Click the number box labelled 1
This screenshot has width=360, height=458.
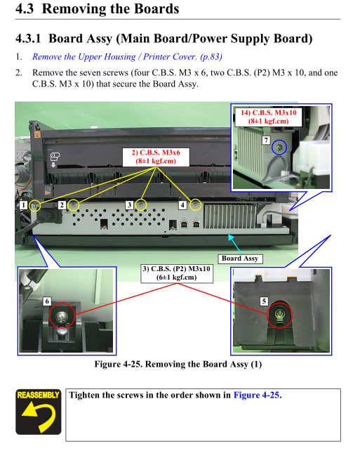(23, 204)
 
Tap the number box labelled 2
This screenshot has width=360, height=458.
(62, 204)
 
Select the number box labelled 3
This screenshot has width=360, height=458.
(129, 204)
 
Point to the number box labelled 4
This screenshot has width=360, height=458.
(182, 204)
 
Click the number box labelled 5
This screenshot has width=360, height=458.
(264, 301)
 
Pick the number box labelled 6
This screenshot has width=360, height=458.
(47, 301)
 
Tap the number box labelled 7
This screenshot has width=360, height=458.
(266, 140)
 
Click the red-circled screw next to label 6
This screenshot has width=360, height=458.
(62, 315)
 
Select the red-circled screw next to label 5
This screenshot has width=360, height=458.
(279, 315)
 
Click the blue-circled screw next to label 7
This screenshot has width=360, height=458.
(279, 148)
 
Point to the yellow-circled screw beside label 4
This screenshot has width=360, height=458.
(196, 205)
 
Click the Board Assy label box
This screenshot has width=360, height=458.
(240, 259)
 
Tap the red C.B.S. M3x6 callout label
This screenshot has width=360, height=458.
(156, 157)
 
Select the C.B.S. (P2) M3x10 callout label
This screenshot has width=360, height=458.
(177, 273)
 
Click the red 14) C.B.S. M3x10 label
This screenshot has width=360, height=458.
(268, 117)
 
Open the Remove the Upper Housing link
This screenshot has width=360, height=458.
(127, 56)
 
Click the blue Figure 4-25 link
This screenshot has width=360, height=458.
(257, 395)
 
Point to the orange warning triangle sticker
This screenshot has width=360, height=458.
(37, 134)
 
